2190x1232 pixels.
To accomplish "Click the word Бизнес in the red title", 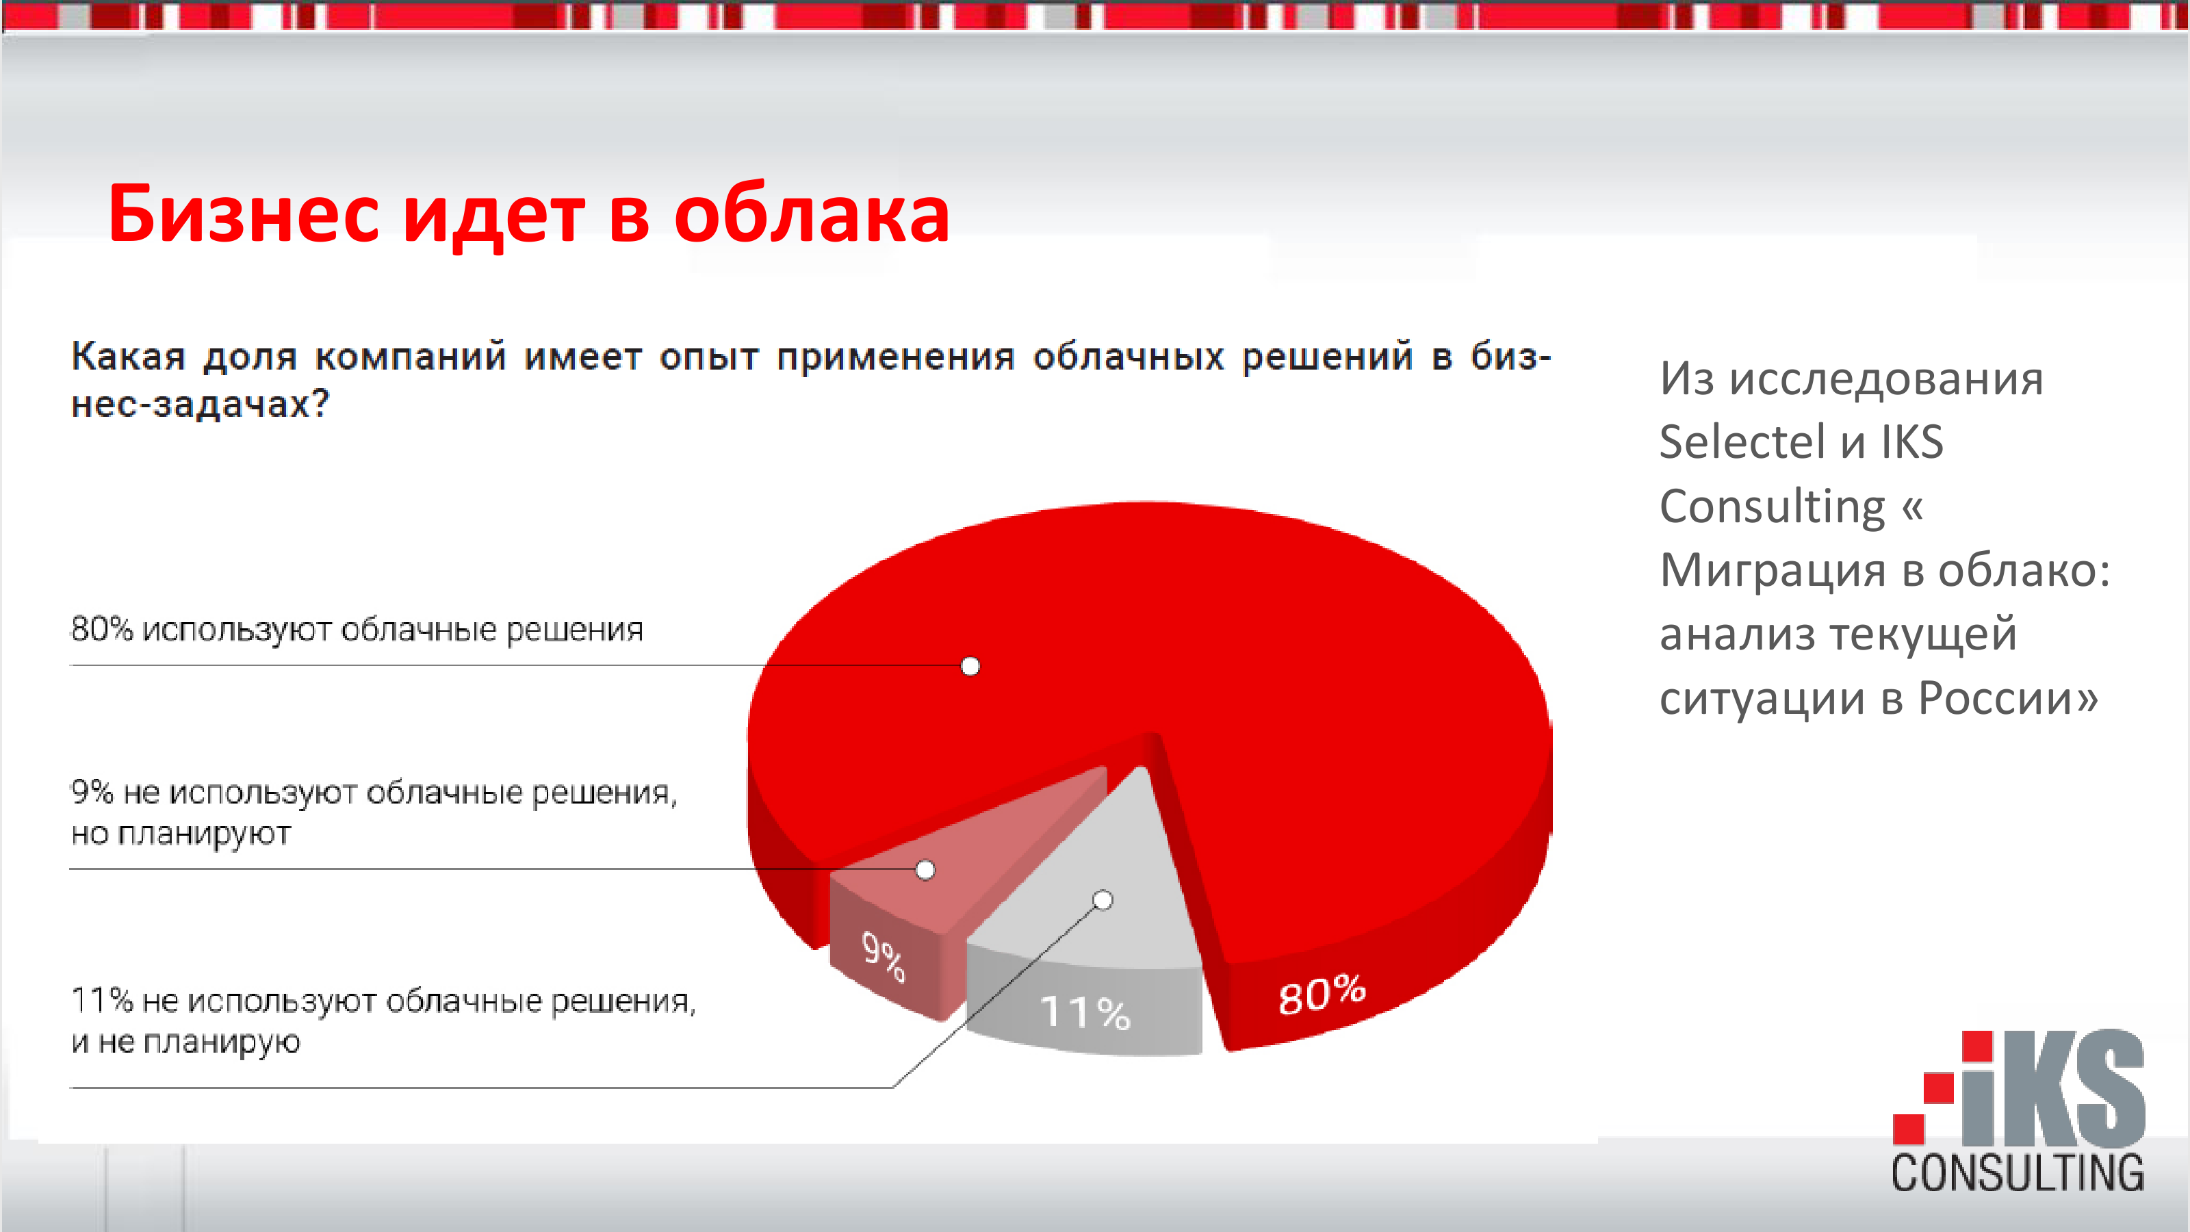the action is [243, 214].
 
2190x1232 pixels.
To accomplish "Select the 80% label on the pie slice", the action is [1322, 994].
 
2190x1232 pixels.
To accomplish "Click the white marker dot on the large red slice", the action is [970, 666].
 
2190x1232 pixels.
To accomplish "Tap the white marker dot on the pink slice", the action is [925, 870].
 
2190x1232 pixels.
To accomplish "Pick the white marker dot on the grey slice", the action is [1103, 899].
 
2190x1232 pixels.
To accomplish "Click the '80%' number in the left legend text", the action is [102, 629].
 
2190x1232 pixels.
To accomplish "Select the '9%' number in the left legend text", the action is [92, 793].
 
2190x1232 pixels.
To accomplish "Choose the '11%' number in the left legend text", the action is [102, 1001].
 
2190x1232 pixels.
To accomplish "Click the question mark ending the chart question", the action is [320, 403].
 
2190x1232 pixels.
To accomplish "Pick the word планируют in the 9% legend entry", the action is [204, 834].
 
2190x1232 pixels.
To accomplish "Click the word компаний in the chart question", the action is [411, 356].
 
